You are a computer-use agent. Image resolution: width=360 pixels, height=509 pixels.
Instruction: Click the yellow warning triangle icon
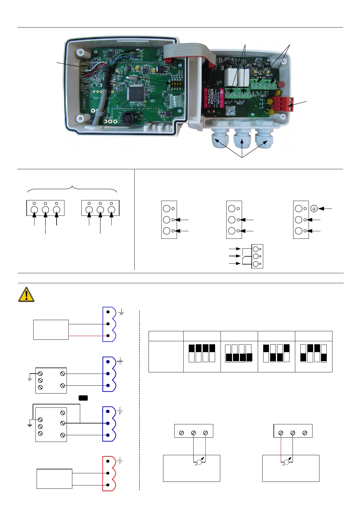coord(26,295)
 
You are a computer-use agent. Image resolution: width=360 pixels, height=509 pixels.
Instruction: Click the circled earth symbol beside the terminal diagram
coord(314,209)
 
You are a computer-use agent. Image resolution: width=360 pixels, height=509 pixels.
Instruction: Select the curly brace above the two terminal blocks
coord(72,189)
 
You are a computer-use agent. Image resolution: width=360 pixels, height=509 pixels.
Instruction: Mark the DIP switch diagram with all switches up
coord(202,353)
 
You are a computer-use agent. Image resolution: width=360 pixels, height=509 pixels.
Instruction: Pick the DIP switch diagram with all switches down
coord(239,353)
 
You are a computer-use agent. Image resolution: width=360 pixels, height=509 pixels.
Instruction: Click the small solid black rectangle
coord(83,398)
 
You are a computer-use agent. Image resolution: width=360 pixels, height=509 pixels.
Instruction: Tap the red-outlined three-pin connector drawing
coord(109,473)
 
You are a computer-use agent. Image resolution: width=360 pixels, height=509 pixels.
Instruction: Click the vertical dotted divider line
coord(139,399)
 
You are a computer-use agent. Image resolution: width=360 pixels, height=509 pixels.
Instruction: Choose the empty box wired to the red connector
coord(54,479)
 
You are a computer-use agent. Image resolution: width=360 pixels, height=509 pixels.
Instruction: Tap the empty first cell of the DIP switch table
coord(166,336)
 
